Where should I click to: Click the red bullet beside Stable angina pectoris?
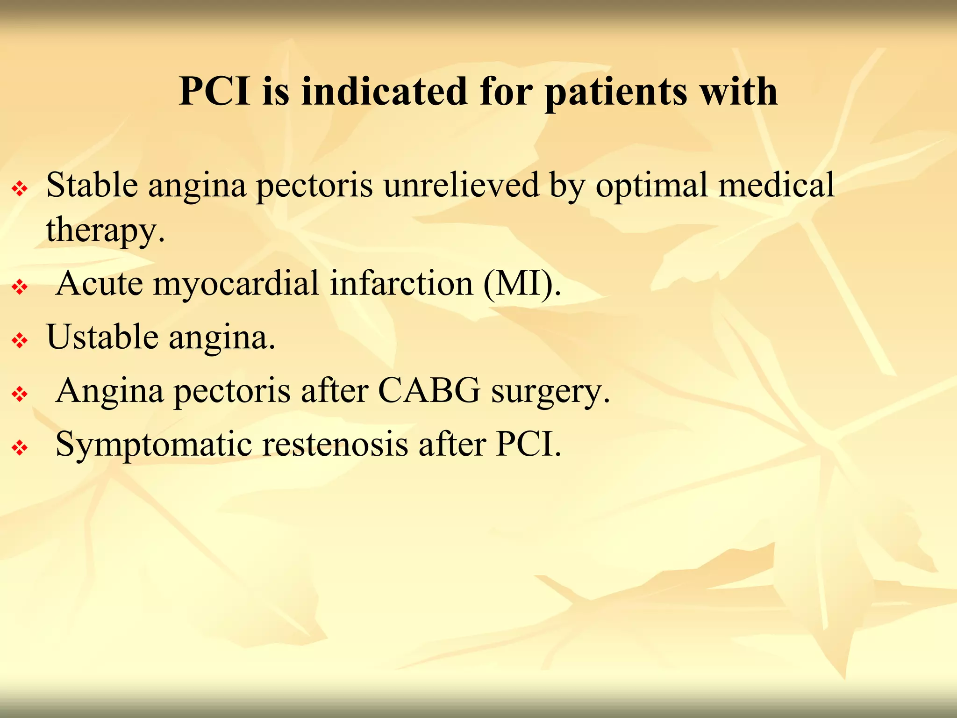[x=20, y=189]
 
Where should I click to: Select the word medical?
[x=776, y=185]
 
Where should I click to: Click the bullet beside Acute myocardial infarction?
[x=20, y=287]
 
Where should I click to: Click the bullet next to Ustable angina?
[x=20, y=341]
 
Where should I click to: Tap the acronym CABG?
[x=429, y=390]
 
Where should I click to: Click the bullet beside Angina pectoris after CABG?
[x=20, y=395]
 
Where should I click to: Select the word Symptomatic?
[x=154, y=445]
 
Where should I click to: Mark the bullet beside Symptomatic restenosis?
[x=20, y=448]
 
